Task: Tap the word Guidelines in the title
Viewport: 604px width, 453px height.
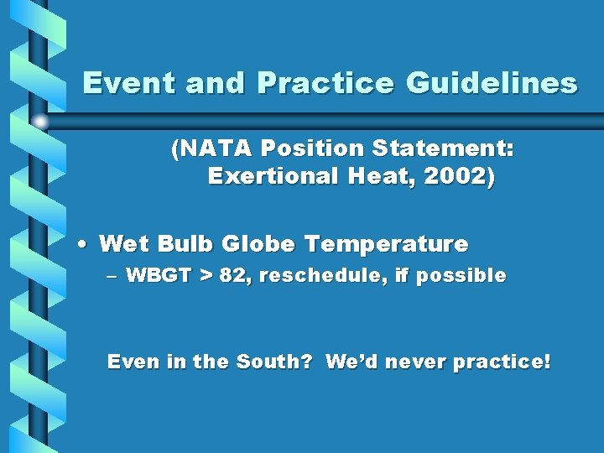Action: click(492, 83)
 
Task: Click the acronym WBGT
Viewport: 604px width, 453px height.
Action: click(159, 275)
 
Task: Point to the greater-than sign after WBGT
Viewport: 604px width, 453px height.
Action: click(206, 276)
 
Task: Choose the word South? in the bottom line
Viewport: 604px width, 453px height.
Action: click(274, 362)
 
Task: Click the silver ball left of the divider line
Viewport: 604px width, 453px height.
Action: click(39, 122)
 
